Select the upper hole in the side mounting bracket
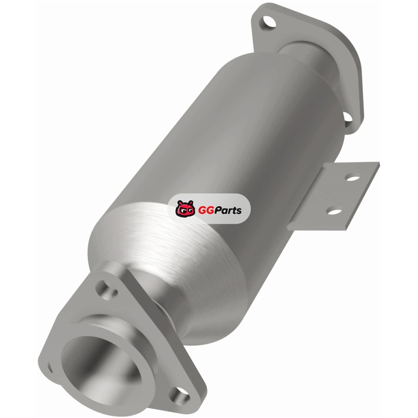352,177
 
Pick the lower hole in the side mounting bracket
334,211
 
